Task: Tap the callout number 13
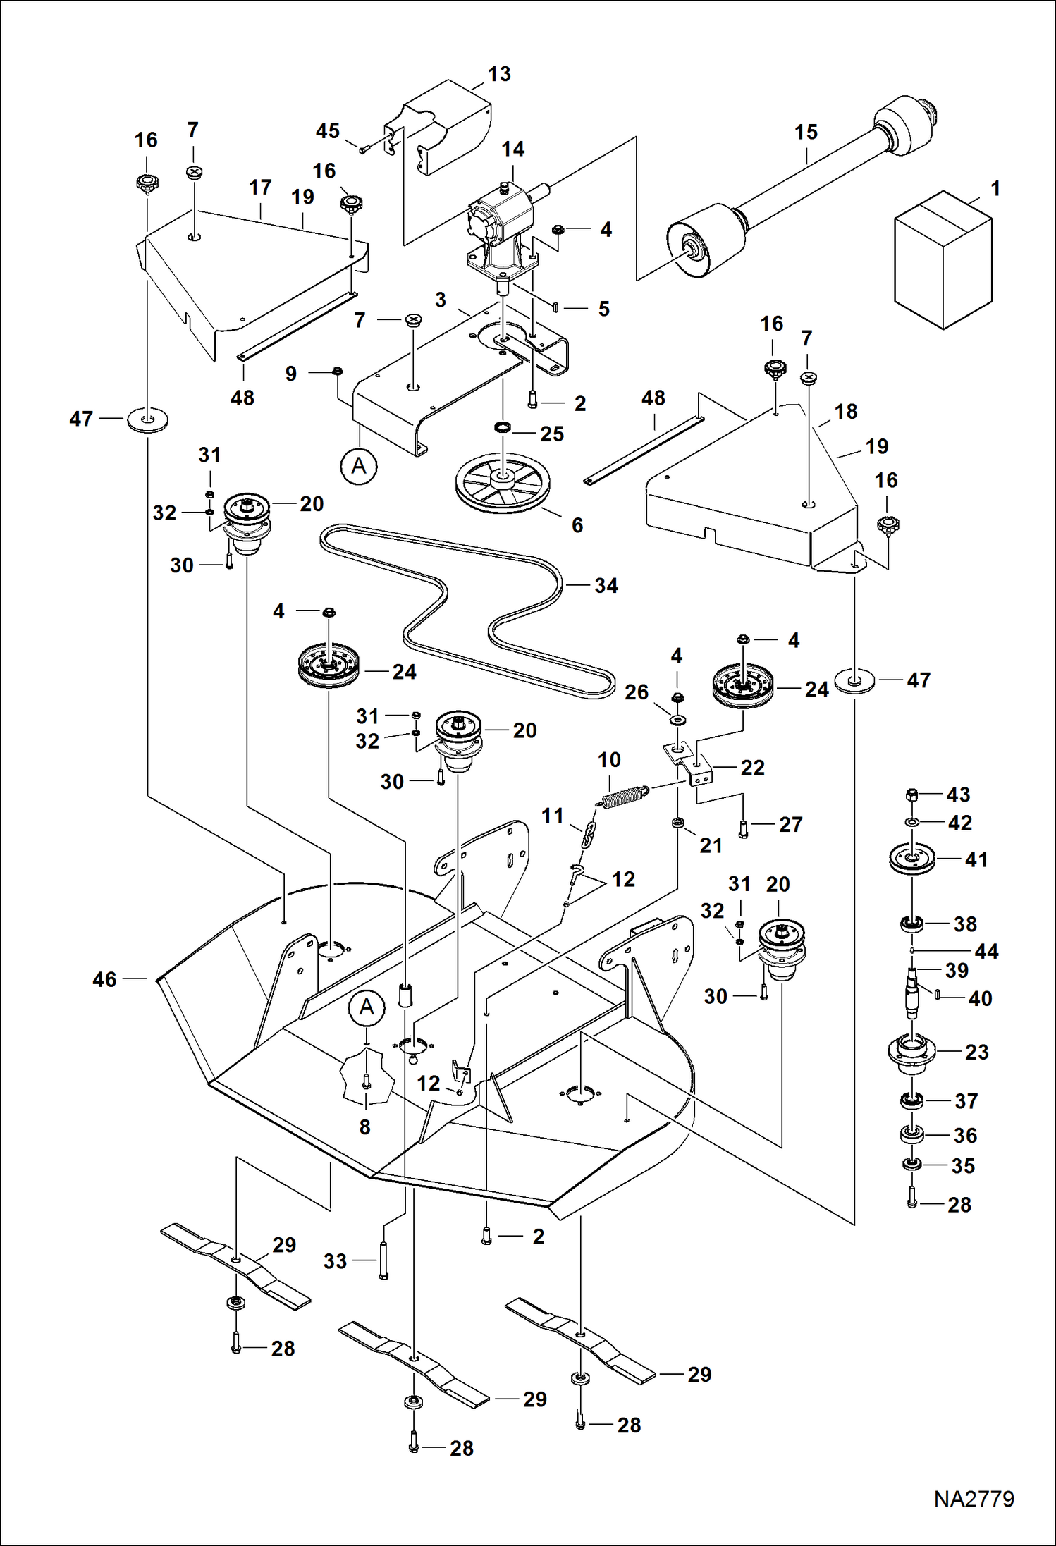(x=499, y=74)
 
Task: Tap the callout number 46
(x=104, y=979)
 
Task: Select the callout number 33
(x=335, y=1261)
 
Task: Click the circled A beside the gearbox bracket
(x=359, y=466)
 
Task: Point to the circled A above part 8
(x=367, y=1007)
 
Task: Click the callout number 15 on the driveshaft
(x=806, y=132)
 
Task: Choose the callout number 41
(x=976, y=859)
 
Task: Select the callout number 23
(x=976, y=1052)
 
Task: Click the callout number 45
(x=328, y=131)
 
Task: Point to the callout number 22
(x=752, y=767)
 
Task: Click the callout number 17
(x=260, y=187)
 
